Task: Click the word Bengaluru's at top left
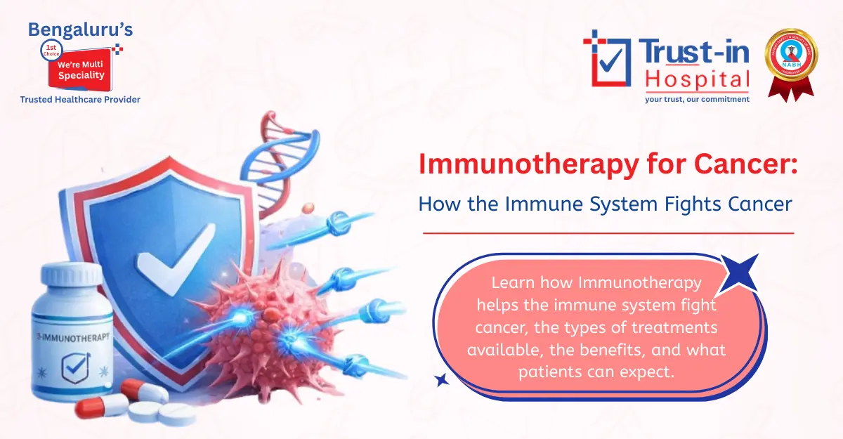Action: pos(79,30)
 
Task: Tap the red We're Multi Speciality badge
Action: pos(79,68)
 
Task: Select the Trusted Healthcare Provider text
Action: pos(80,100)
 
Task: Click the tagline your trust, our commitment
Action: pos(697,99)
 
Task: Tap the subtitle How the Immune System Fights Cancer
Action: pos(605,204)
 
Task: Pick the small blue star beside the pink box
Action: pos(441,380)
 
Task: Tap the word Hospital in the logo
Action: pos(697,79)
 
